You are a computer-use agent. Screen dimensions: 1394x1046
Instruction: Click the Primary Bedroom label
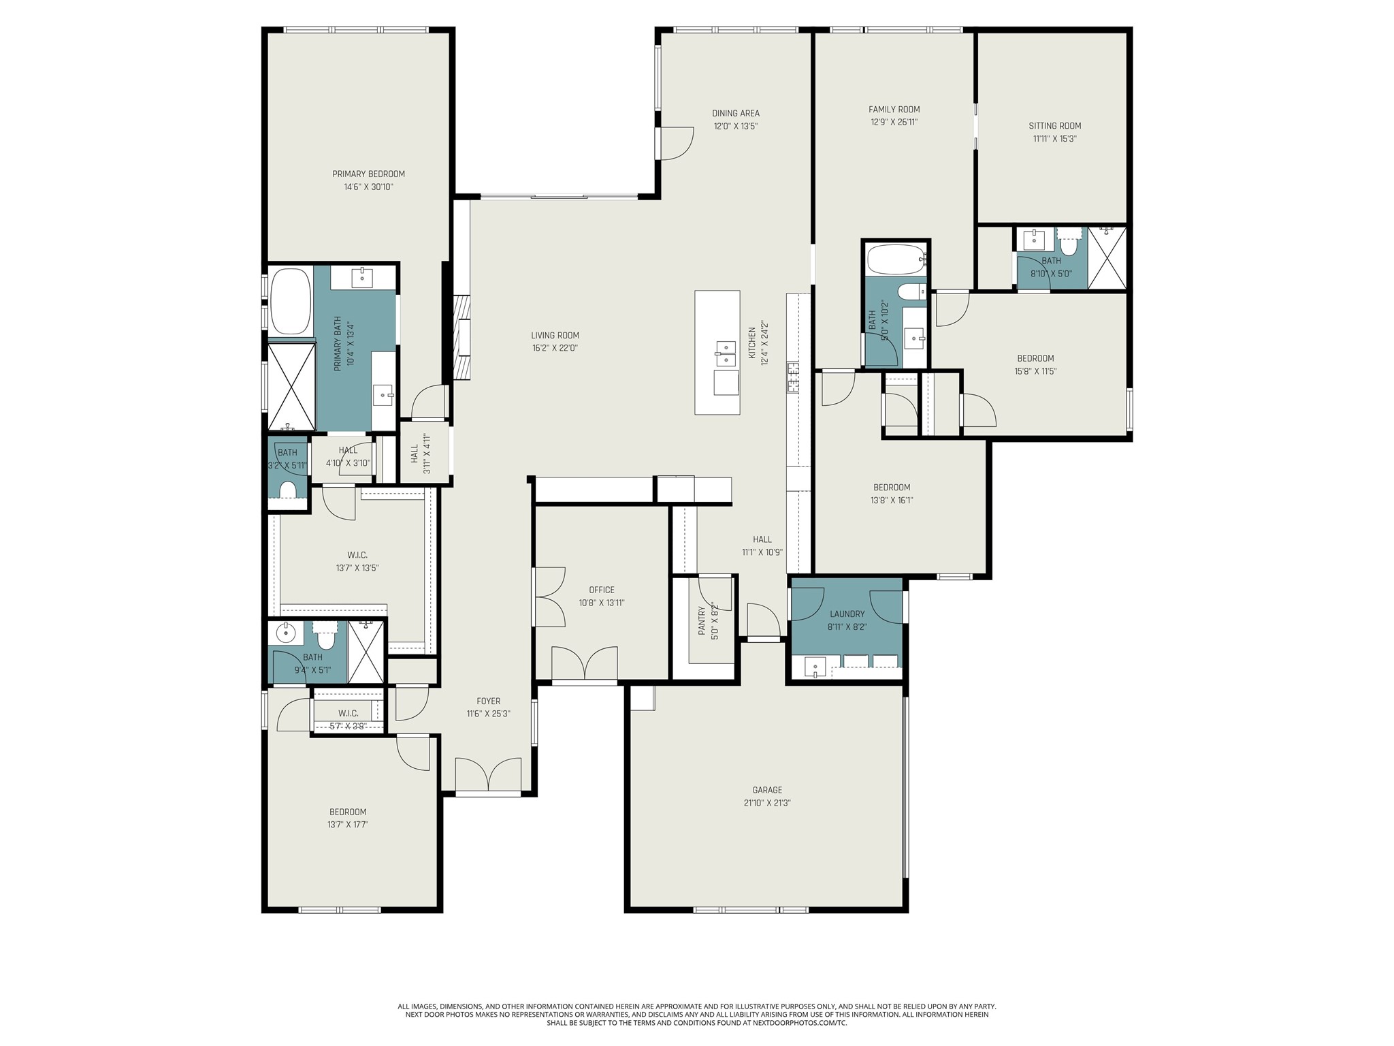pyautogui.click(x=368, y=174)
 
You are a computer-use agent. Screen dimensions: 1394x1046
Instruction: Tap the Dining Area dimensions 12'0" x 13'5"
pyautogui.click(x=735, y=126)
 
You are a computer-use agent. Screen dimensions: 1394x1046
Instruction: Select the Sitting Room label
pyautogui.click(x=1054, y=125)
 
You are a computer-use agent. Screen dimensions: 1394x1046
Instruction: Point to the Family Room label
pyautogui.click(x=894, y=109)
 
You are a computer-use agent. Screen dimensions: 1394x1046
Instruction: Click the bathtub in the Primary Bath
pyautogui.click(x=291, y=301)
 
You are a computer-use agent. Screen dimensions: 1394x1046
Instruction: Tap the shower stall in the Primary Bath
pyautogui.click(x=291, y=387)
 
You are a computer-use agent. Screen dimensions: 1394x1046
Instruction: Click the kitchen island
pyautogui.click(x=717, y=352)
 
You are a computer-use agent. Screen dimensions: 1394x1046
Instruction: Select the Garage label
pyautogui.click(x=767, y=790)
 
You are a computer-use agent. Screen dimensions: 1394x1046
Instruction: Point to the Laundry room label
pyautogui.click(x=847, y=614)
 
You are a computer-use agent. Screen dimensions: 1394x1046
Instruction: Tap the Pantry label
pyautogui.click(x=702, y=621)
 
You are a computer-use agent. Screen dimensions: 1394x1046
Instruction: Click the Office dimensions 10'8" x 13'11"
pyautogui.click(x=602, y=603)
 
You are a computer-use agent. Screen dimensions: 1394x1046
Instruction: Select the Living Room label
pyautogui.click(x=555, y=335)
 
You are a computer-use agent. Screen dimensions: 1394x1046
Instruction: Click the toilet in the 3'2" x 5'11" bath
pyautogui.click(x=288, y=490)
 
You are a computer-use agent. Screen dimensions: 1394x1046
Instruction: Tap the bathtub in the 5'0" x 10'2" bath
pyautogui.click(x=896, y=259)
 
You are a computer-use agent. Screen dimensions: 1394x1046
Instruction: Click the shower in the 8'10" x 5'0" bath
pyautogui.click(x=1107, y=258)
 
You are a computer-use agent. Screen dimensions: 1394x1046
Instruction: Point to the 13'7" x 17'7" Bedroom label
pyautogui.click(x=348, y=812)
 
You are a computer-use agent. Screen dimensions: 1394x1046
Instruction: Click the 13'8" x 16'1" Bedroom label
pyautogui.click(x=892, y=487)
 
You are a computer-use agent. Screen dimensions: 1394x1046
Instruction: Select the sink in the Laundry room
pyautogui.click(x=815, y=666)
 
